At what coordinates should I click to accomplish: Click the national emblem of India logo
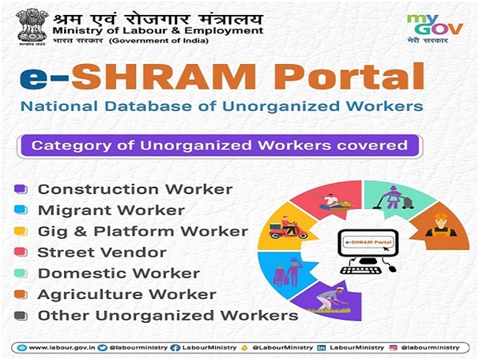32,27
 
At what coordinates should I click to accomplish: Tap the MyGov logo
435,28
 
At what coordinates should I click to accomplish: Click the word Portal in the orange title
349,76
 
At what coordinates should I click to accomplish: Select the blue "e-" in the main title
44,78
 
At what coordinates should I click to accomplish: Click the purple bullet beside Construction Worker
21,189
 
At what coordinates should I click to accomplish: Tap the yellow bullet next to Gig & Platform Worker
21,231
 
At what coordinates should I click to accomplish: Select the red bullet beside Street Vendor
21,252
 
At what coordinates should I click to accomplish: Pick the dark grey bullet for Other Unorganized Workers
21,316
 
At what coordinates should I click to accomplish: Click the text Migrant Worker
111,210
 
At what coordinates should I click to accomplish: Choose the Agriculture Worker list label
127,294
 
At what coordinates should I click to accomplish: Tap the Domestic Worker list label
119,274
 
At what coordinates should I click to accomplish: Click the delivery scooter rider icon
288,228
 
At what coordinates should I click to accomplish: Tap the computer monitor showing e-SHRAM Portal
368,244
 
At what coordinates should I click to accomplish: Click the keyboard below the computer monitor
360,270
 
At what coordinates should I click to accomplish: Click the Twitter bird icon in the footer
102,348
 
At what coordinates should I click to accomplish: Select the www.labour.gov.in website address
62,348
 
